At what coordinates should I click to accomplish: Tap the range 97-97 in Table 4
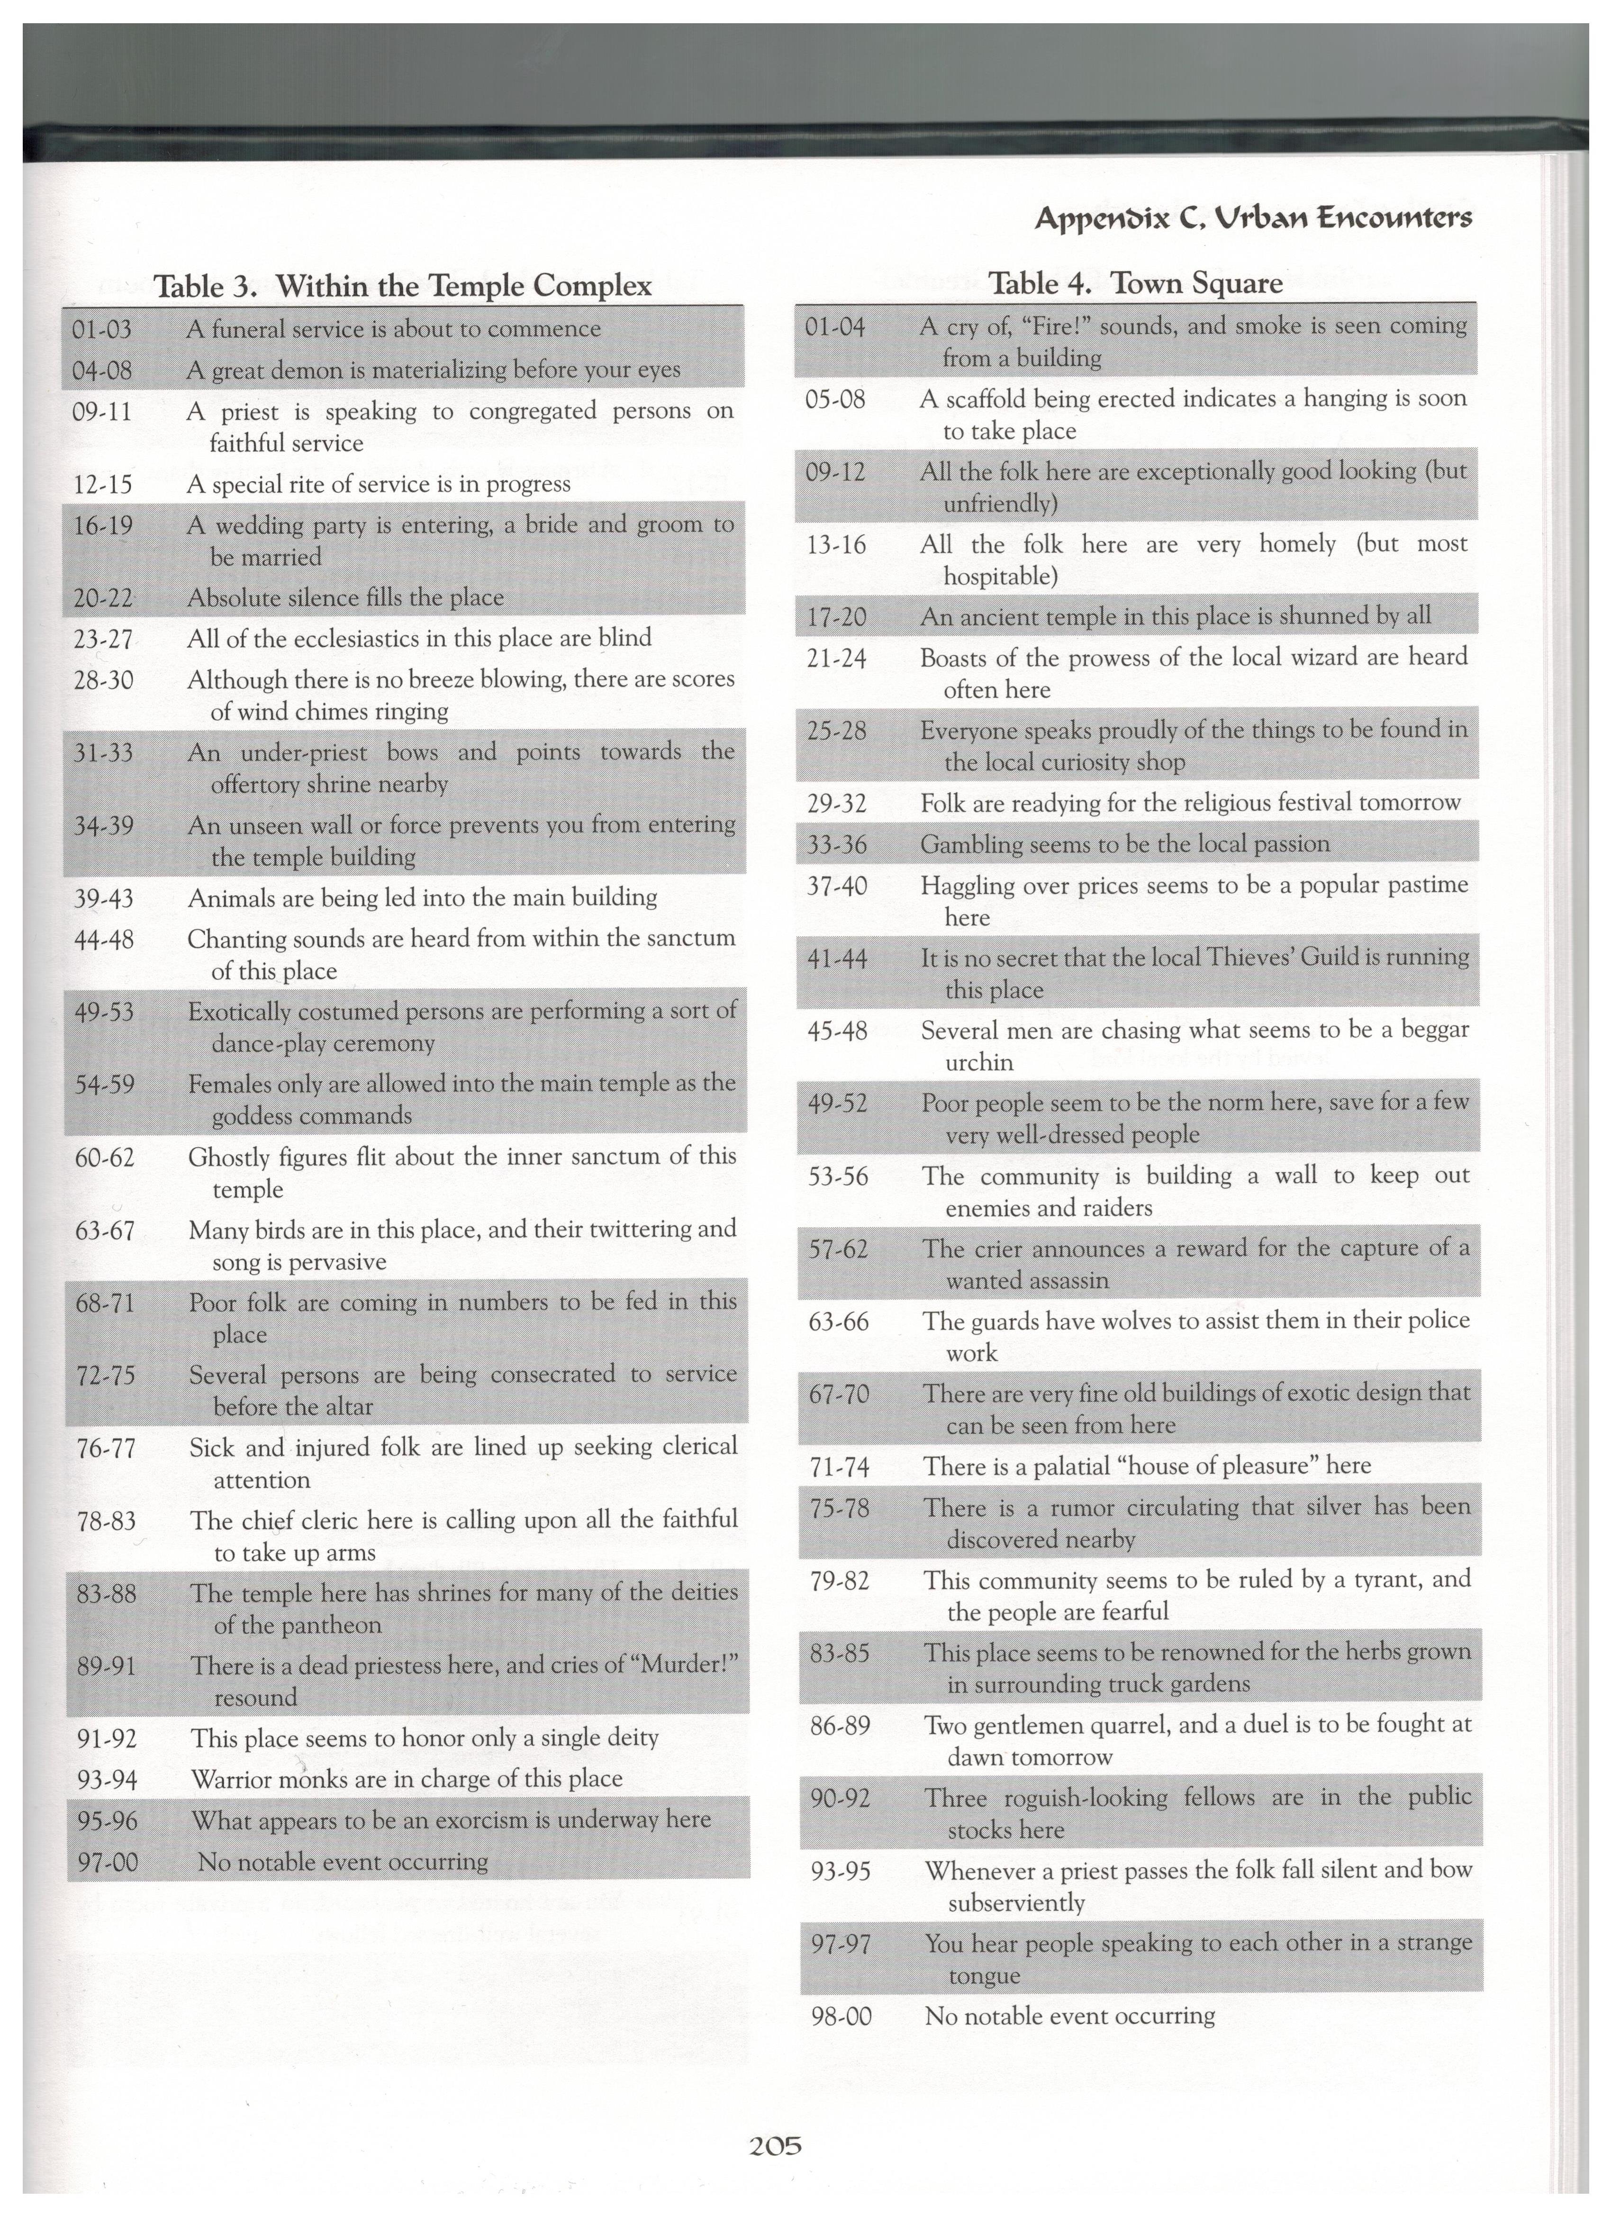(x=841, y=1945)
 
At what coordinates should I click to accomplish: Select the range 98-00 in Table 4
(x=841, y=2017)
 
